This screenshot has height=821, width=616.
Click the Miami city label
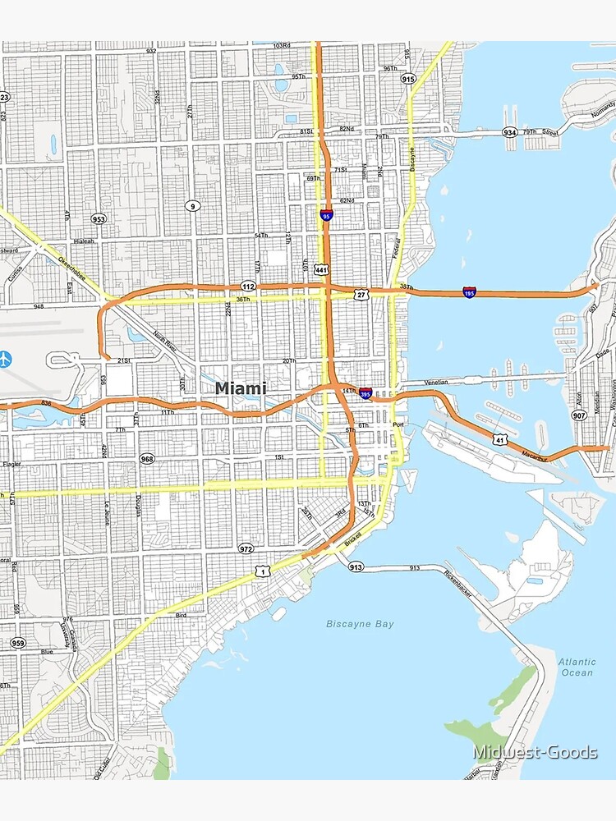point(241,388)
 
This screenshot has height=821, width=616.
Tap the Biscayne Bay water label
point(360,624)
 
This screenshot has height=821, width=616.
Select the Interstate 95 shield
point(326,215)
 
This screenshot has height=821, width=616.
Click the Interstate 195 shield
point(468,291)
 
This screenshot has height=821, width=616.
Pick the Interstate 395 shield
point(365,394)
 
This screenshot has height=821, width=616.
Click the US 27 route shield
point(361,293)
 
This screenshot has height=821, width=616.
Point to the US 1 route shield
point(260,570)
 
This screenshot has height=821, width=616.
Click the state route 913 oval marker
point(355,566)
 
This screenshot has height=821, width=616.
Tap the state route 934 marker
point(510,132)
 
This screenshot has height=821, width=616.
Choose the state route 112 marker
point(248,286)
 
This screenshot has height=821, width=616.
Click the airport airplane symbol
point(6,359)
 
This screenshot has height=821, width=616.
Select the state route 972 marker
point(246,548)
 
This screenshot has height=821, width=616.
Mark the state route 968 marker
point(147,459)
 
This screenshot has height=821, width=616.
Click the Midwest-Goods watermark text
point(535,752)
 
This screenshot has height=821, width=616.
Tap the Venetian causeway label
point(436,382)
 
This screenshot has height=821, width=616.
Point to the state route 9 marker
point(191,205)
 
